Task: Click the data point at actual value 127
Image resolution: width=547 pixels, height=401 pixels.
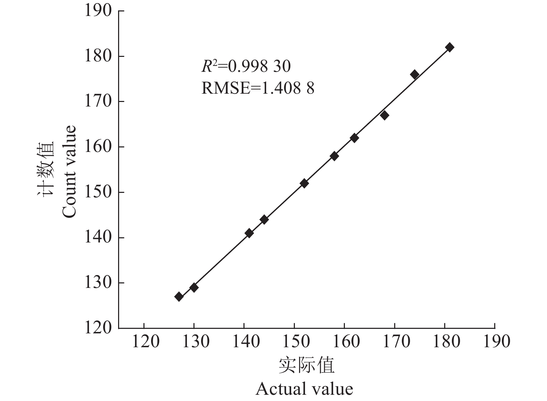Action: click(179, 297)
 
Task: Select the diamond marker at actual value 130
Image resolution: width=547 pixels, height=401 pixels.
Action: click(194, 288)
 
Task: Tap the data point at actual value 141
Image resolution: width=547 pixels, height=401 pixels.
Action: click(249, 233)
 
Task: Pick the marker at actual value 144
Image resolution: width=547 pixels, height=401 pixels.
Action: click(264, 220)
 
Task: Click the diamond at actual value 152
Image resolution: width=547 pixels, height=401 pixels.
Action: click(304, 184)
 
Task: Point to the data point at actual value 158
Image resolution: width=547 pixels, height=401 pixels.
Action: click(334, 156)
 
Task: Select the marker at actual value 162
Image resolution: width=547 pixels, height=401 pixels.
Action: click(354, 138)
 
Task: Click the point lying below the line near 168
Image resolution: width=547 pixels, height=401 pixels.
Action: click(384, 115)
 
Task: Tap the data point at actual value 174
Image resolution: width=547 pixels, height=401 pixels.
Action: click(414, 75)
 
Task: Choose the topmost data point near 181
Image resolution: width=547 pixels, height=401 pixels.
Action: click(449, 47)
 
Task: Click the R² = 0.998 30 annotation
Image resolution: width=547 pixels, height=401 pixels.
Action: click(246, 66)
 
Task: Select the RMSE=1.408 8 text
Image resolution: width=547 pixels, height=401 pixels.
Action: click(258, 88)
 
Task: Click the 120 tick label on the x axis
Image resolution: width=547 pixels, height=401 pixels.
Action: click(145, 342)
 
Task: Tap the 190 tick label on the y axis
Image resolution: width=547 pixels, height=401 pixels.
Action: click(98, 11)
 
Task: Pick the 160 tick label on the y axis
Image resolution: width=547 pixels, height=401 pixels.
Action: click(98, 147)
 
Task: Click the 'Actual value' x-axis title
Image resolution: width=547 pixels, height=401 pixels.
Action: click(304, 389)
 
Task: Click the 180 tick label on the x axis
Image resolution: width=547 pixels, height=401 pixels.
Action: click(446, 342)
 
